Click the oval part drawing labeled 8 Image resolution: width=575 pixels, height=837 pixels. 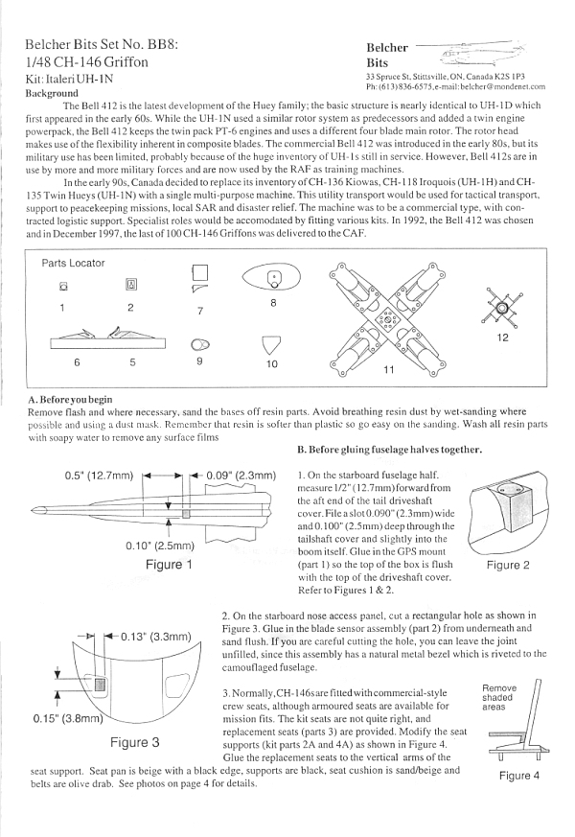click(274, 278)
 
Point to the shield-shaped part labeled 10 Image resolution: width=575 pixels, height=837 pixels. click(271, 344)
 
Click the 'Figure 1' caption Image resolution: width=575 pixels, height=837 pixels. click(169, 565)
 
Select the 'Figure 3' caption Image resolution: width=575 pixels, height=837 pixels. click(135, 741)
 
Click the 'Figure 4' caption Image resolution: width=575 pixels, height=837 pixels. click(514, 775)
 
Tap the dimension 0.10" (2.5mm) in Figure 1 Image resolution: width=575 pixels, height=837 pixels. click(160, 546)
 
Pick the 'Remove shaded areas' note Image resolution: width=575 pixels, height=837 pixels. click(498, 697)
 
